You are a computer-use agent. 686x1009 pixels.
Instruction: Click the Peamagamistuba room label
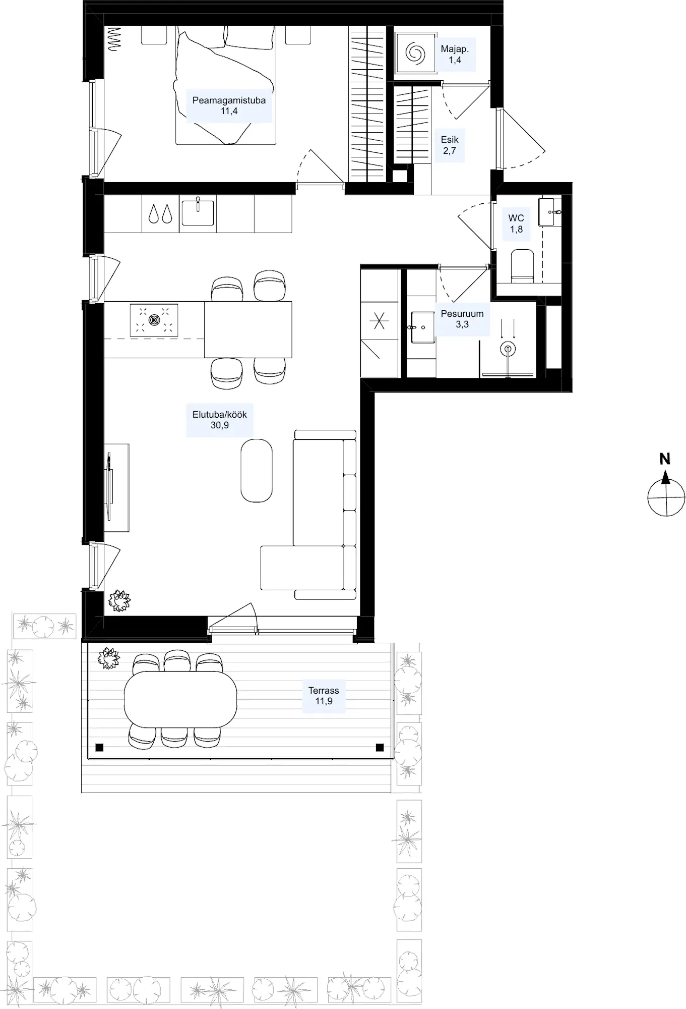coord(229,105)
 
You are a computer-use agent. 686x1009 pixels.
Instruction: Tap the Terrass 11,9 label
coord(324,696)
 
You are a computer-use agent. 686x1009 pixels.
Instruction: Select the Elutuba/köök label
coord(220,420)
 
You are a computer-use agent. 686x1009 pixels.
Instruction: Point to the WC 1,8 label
coord(516,223)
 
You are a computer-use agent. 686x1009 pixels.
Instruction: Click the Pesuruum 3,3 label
coord(462,319)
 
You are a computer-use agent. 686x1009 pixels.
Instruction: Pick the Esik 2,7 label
coord(450,145)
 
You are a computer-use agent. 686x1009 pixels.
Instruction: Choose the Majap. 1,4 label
coord(455,54)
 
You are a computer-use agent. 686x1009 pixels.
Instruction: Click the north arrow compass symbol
coord(666,491)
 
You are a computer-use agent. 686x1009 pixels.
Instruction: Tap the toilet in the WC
coord(522,264)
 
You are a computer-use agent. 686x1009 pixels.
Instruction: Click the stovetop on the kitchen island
coord(154,320)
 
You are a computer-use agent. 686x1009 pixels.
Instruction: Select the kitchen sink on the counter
coord(198,212)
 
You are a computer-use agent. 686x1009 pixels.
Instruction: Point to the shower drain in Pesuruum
coord(508,349)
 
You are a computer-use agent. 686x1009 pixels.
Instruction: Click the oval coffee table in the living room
coord(257,470)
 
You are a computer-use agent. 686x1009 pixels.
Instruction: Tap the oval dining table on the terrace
coord(180,699)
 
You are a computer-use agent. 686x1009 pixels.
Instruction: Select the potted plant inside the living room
coord(119,601)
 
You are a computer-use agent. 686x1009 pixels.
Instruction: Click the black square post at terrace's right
coord(380,747)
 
